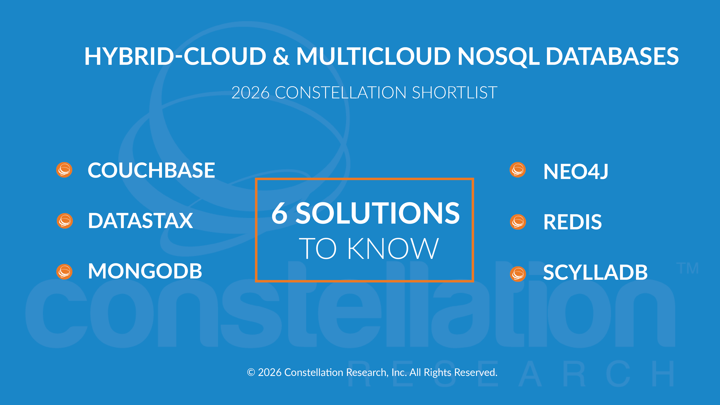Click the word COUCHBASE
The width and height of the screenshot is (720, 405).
pyautogui.click(x=151, y=170)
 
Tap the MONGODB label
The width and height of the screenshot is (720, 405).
pyautogui.click(x=145, y=271)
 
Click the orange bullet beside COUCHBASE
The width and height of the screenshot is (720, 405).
pyautogui.click(x=64, y=170)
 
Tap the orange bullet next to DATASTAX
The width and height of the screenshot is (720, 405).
pyautogui.click(x=65, y=221)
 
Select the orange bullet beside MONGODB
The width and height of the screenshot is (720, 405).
pyautogui.click(x=64, y=272)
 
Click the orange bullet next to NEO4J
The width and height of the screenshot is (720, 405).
pyautogui.click(x=518, y=170)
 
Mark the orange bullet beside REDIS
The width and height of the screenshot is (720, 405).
pyautogui.click(x=518, y=222)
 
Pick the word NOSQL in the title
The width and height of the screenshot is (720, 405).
pyautogui.click(x=498, y=56)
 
